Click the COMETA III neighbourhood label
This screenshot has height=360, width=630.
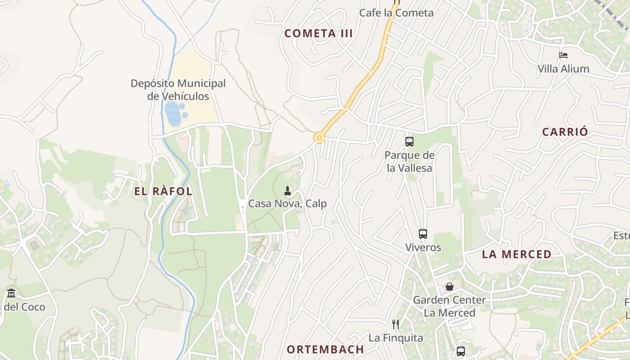[x=319, y=33]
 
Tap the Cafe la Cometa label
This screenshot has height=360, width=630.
[x=396, y=13]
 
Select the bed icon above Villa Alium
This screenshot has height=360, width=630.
[x=563, y=55]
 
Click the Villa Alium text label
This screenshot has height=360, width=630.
[x=563, y=69]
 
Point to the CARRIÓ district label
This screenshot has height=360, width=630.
[x=565, y=132]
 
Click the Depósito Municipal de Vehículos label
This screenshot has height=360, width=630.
[x=178, y=90]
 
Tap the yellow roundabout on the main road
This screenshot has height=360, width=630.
[x=319, y=137]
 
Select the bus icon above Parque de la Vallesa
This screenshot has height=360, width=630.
[x=409, y=142]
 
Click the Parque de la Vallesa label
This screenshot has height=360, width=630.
[x=409, y=162]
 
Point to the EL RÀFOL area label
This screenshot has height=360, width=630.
[x=163, y=191]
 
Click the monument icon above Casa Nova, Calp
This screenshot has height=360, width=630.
[x=288, y=191]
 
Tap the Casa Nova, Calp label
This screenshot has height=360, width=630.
[x=288, y=204]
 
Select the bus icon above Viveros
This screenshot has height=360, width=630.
[x=423, y=234]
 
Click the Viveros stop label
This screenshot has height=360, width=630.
[x=423, y=247]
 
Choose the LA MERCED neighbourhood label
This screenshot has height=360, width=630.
[x=517, y=254]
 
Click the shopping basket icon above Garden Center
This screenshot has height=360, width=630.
[x=449, y=287]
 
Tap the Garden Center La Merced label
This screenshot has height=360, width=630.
[x=449, y=306]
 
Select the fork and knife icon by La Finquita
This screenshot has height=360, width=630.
[x=396, y=324]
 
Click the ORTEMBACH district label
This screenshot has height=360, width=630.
[x=325, y=350]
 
